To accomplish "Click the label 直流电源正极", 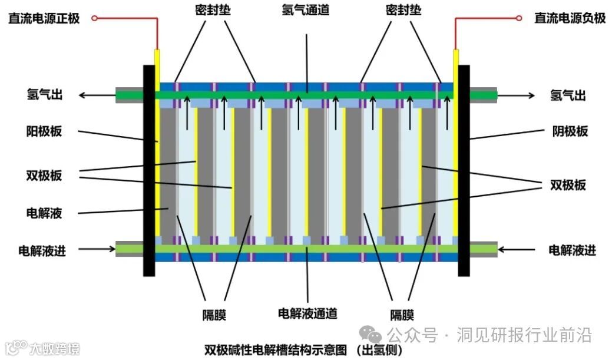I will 44,18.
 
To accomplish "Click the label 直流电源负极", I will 570,18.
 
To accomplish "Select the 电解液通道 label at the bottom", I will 307,313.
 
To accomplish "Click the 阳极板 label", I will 44,131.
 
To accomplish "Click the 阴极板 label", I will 570,131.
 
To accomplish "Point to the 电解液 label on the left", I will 44,213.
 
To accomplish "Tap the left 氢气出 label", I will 44,95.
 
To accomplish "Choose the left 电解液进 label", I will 42,250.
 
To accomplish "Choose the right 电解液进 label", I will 572,250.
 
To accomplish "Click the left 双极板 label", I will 44,175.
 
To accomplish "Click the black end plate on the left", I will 148,171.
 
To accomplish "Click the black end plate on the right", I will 464,171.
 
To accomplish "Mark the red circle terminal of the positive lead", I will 94,18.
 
